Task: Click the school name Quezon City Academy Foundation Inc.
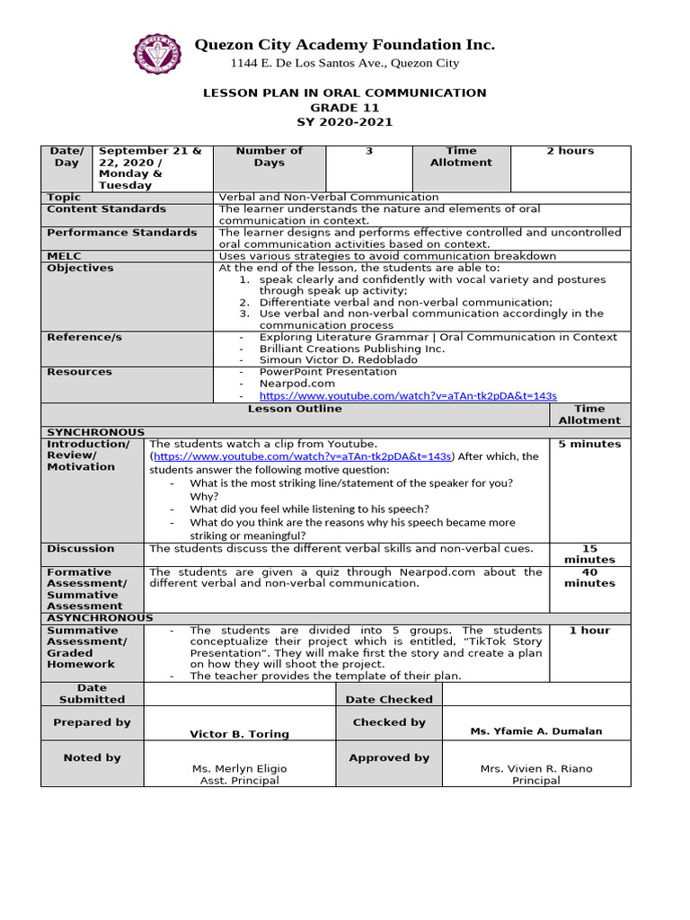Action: (x=345, y=45)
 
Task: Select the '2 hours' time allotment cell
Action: (x=571, y=151)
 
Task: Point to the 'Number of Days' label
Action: (x=269, y=157)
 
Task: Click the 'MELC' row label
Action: (x=64, y=256)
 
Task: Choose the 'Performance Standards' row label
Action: (x=121, y=233)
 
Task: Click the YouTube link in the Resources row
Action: (x=408, y=395)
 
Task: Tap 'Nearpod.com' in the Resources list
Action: (x=296, y=384)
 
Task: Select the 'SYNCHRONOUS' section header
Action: (x=95, y=432)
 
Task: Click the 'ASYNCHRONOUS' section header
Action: (x=100, y=618)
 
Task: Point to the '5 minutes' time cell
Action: (x=589, y=444)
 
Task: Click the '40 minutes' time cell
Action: (x=589, y=578)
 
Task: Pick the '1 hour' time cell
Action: (x=589, y=631)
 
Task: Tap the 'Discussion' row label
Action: (x=81, y=549)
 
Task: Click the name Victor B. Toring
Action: (x=239, y=734)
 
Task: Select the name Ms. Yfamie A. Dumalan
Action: (x=536, y=731)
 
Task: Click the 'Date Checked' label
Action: (x=389, y=699)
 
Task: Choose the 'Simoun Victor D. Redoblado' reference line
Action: (x=338, y=360)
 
